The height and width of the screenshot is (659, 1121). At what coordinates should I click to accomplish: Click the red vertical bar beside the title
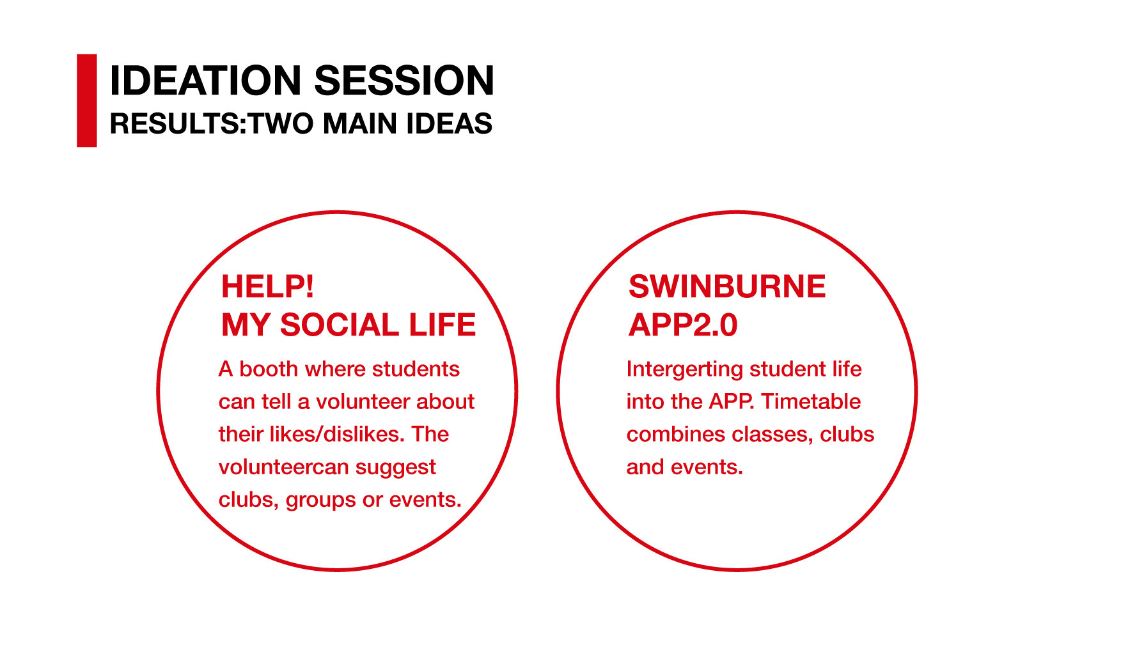(x=87, y=100)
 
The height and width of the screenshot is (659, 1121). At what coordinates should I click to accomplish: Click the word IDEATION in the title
(x=205, y=81)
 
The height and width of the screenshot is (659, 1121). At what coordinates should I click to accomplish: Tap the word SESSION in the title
(x=404, y=81)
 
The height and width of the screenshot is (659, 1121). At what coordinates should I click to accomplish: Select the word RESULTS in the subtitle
(x=175, y=123)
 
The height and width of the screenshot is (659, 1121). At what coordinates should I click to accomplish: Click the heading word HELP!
(x=267, y=286)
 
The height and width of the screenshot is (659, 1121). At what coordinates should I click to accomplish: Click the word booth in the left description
(x=269, y=369)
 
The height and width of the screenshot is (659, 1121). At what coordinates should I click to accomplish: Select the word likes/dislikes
(x=337, y=434)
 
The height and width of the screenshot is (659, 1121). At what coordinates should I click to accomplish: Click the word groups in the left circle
(x=321, y=500)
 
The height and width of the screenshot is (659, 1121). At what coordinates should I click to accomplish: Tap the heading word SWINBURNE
(x=727, y=286)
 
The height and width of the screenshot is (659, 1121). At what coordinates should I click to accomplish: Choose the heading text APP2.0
(x=683, y=325)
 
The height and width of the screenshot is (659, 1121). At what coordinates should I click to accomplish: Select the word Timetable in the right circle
(x=811, y=401)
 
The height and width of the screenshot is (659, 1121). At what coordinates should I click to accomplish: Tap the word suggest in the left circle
(x=395, y=468)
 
